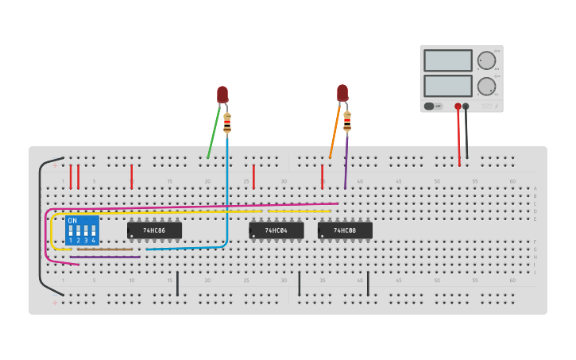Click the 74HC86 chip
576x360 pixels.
point(154,230)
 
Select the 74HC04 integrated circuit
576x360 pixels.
point(276,230)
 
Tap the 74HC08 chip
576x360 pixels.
point(345,230)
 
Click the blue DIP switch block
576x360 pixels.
point(82,230)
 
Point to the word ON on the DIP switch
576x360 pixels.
point(72,220)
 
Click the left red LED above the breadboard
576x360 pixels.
point(222,95)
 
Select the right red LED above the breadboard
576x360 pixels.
point(342,92)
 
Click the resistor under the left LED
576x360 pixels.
point(227,123)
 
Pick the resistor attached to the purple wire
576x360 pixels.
point(347,121)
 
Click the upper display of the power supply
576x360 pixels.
point(448,60)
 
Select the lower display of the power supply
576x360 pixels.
point(448,86)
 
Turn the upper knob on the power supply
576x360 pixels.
point(485,60)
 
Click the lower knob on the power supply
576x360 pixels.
point(485,86)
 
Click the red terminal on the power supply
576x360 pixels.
point(458,106)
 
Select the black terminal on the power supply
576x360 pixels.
point(466,106)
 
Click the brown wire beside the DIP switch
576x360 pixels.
point(105,250)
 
